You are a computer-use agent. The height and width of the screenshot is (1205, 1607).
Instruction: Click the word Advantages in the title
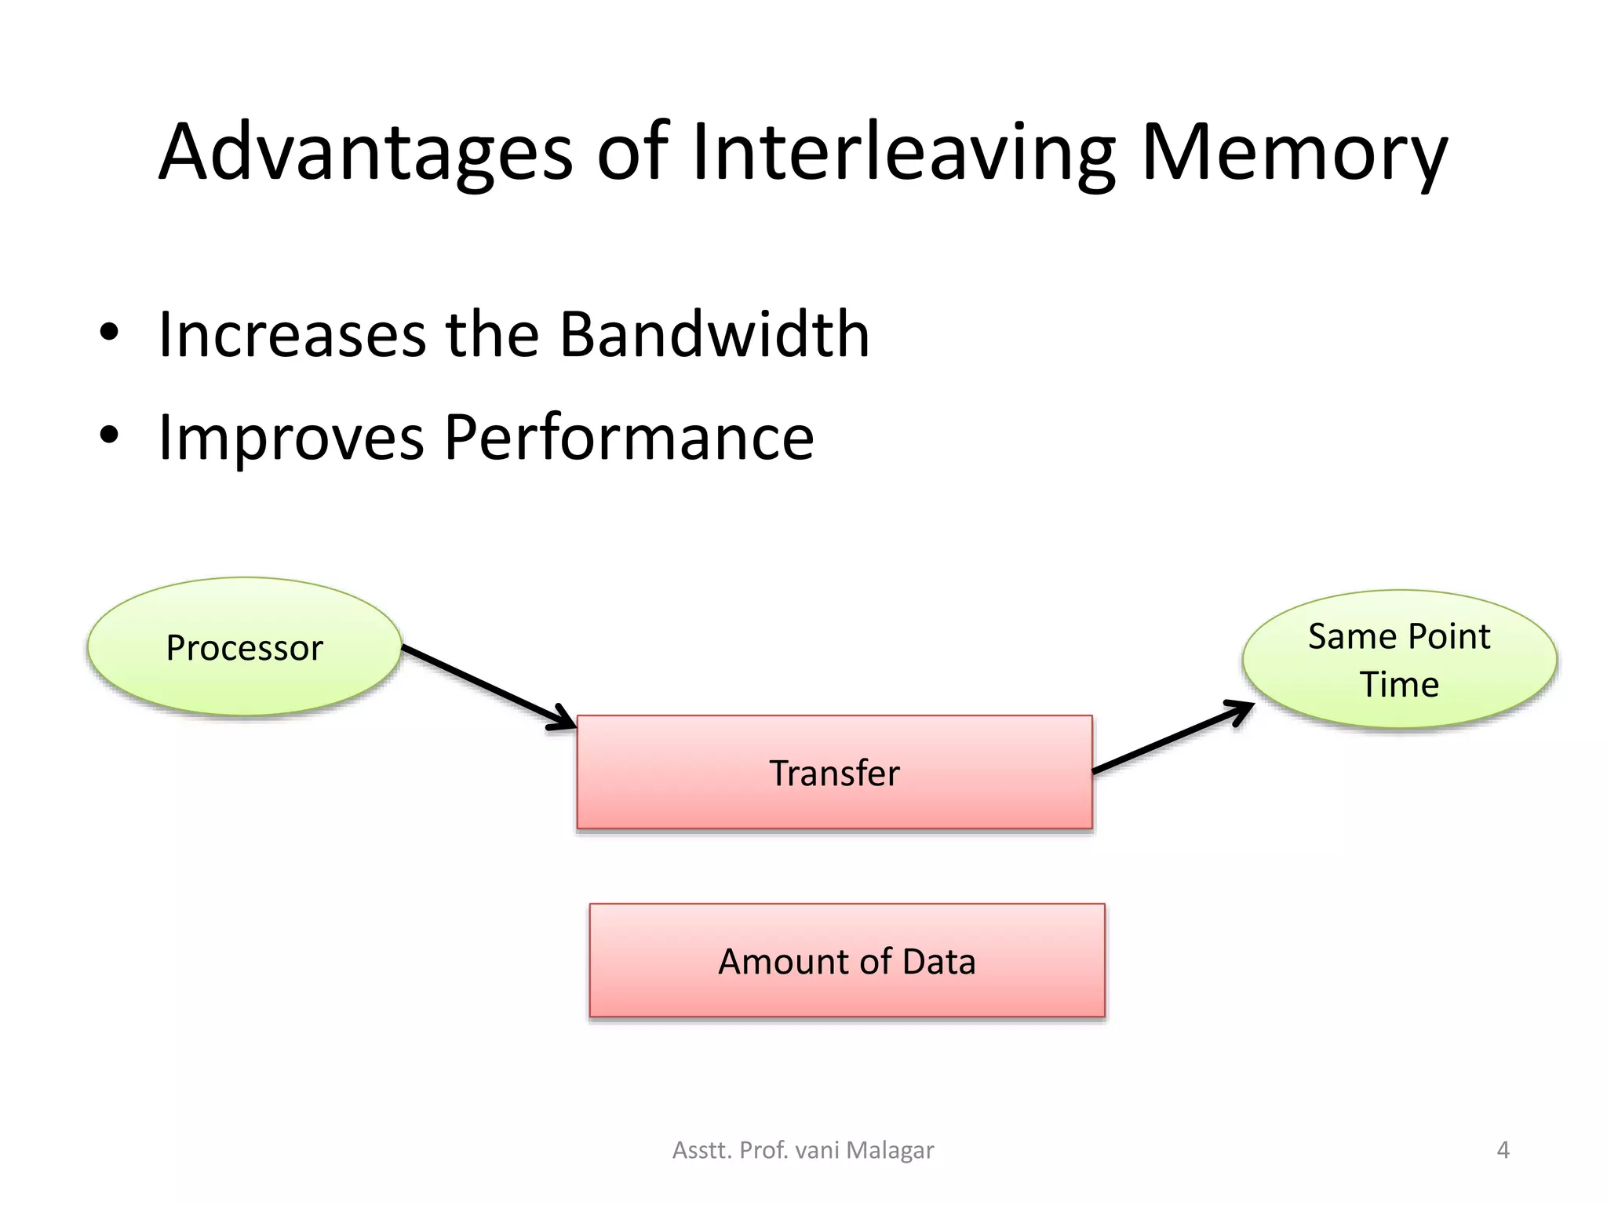coord(366,153)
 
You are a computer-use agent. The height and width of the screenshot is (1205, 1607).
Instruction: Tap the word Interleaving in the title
coord(902,153)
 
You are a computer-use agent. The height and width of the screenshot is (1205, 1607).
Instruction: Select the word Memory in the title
coord(1293,153)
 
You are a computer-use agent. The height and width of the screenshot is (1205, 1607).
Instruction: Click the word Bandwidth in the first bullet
coord(714,335)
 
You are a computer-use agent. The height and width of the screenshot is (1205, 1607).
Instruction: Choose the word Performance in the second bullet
coord(629,437)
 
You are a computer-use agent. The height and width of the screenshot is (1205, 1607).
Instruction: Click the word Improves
coord(291,437)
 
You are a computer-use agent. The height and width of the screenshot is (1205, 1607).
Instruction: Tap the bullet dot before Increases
coord(109,333)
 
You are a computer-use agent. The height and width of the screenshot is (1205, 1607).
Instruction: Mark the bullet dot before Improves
coord(109,435)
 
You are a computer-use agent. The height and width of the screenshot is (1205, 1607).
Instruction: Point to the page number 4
coord(1503,1150)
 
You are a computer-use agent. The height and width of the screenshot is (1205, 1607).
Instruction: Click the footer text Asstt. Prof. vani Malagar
coord(803,1150)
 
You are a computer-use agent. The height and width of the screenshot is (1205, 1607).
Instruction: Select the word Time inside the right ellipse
coord(1399,685)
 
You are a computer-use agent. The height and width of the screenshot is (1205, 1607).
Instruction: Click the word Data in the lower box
coord(938,962)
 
